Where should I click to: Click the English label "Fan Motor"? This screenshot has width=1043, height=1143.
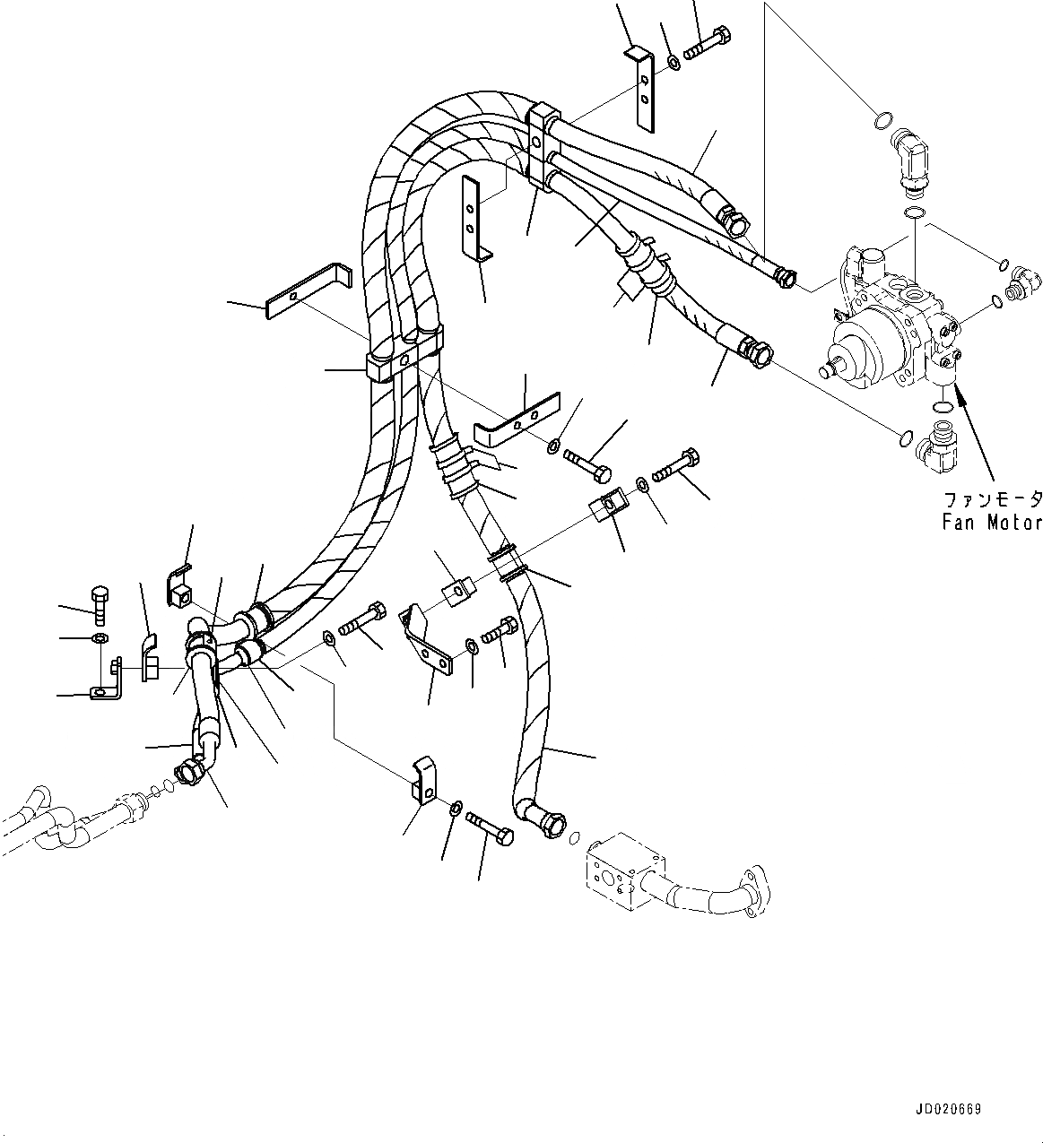[991, 522]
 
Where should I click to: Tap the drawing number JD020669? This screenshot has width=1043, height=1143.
[948, 1110]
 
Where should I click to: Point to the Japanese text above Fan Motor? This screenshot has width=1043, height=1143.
[991, 498]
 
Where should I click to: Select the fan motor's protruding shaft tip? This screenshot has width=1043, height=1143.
[826, 368]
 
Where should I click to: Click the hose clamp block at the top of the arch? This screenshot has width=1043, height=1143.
[543, 146]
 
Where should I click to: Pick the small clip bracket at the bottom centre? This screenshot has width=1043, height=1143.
[422, 778]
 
